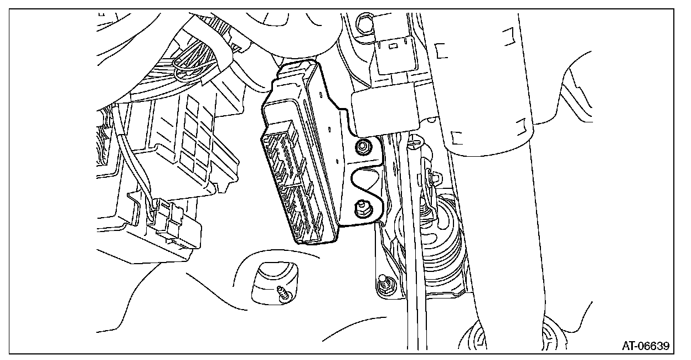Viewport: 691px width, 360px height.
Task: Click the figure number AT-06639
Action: tap(646, 346)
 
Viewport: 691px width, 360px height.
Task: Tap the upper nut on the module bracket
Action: tap(364, 147)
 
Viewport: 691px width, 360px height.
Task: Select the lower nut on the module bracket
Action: tap(363, 209)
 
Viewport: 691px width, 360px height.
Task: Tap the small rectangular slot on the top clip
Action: tap(393, 47)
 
